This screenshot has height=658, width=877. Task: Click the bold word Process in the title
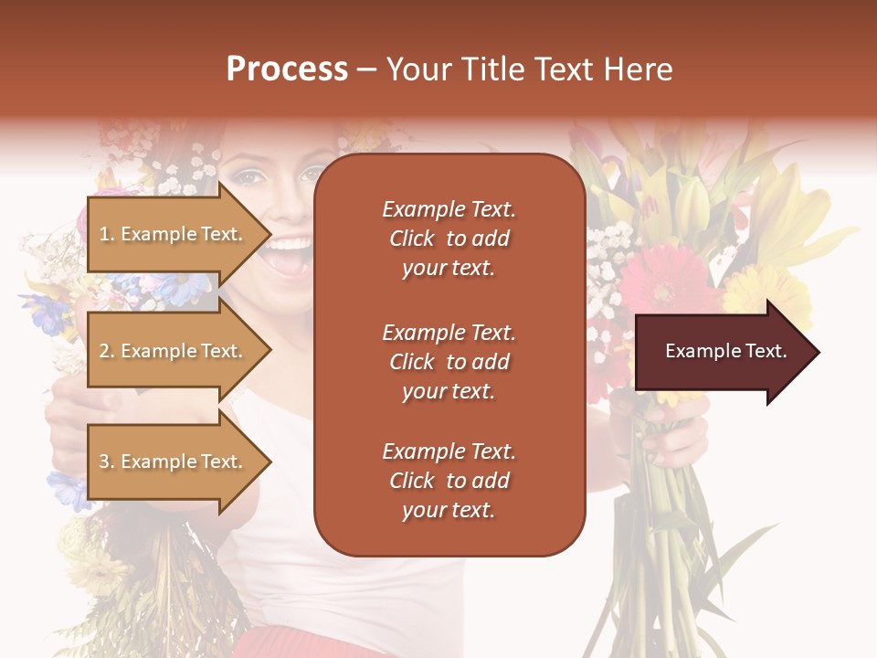click(x=287, y=69)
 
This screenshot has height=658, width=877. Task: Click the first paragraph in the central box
click(x=449, y=239)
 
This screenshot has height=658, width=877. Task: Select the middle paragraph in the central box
click(x=449, y=362)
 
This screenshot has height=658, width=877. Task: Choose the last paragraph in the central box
click(x=449, y=481)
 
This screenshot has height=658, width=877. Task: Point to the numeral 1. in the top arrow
click(x=107, y=234)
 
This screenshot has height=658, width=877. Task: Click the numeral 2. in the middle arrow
click(x=107, y=351)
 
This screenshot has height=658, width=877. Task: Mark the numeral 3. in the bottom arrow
click(x=107, y=462)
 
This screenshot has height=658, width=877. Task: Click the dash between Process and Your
click(x=367, y=70)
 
